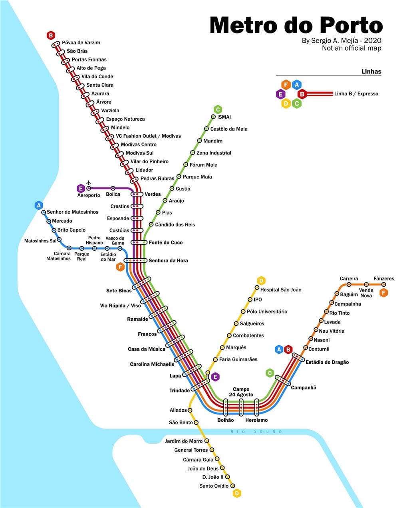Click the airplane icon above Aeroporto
(x=89, y=183)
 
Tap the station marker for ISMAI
(x=213, y=117)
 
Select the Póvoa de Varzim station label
(x=81, y=42)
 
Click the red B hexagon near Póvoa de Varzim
(x=51, y=36)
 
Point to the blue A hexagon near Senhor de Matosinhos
(x=39, y=205)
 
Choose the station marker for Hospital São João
(x=257, y=287)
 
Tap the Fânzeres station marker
(x=384, y=284)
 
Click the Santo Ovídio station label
(x=214, y=486)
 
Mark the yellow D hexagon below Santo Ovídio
(x=237, y=493)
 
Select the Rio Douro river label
(x=256, y=432)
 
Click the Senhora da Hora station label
(x=168, y=260)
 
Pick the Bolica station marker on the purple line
(x=113, y=188)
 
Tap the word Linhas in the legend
(x=371, y=71)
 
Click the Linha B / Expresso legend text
(x=356, y=93)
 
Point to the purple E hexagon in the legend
(x=280, y=94)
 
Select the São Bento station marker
(x=196, y=422)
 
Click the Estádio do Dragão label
(x=327, y=362)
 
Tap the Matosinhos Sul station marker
(x=59, y=239)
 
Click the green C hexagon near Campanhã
(x=270, y=373)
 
